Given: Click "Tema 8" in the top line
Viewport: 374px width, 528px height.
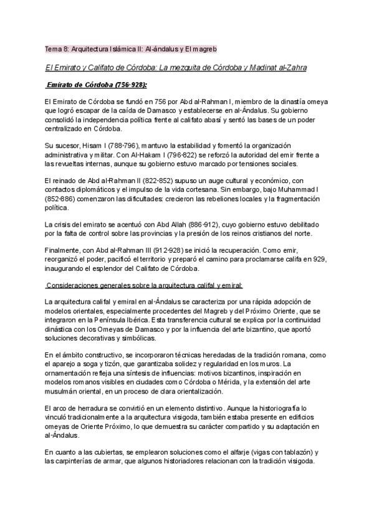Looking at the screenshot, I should coord(57,49).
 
